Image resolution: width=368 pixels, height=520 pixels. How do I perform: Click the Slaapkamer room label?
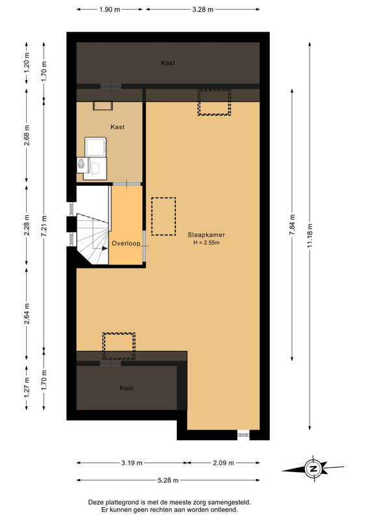206,235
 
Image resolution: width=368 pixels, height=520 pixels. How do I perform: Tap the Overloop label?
125,243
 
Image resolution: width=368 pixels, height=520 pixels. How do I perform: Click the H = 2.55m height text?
206,242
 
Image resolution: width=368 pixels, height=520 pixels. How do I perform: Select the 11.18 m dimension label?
310,235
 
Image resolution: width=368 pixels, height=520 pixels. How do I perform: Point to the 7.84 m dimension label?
293,225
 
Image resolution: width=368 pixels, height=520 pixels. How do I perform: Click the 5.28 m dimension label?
168,480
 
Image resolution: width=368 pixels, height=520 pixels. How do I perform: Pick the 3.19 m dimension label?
132,463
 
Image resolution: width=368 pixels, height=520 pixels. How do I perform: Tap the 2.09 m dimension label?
223,463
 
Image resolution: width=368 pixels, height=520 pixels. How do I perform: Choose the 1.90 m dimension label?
109,10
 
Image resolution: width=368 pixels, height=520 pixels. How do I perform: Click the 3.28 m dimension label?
203,10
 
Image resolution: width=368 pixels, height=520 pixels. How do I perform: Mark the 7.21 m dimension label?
44,226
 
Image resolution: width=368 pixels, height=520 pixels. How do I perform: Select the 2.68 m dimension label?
27,135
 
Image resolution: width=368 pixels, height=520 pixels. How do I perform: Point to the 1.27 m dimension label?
27,387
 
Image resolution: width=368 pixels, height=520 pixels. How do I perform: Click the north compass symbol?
313,469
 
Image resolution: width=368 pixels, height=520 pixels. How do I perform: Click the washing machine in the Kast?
96,147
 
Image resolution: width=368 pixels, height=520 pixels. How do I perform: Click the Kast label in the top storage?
168,63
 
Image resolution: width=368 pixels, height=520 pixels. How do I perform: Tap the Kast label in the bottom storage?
127,388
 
